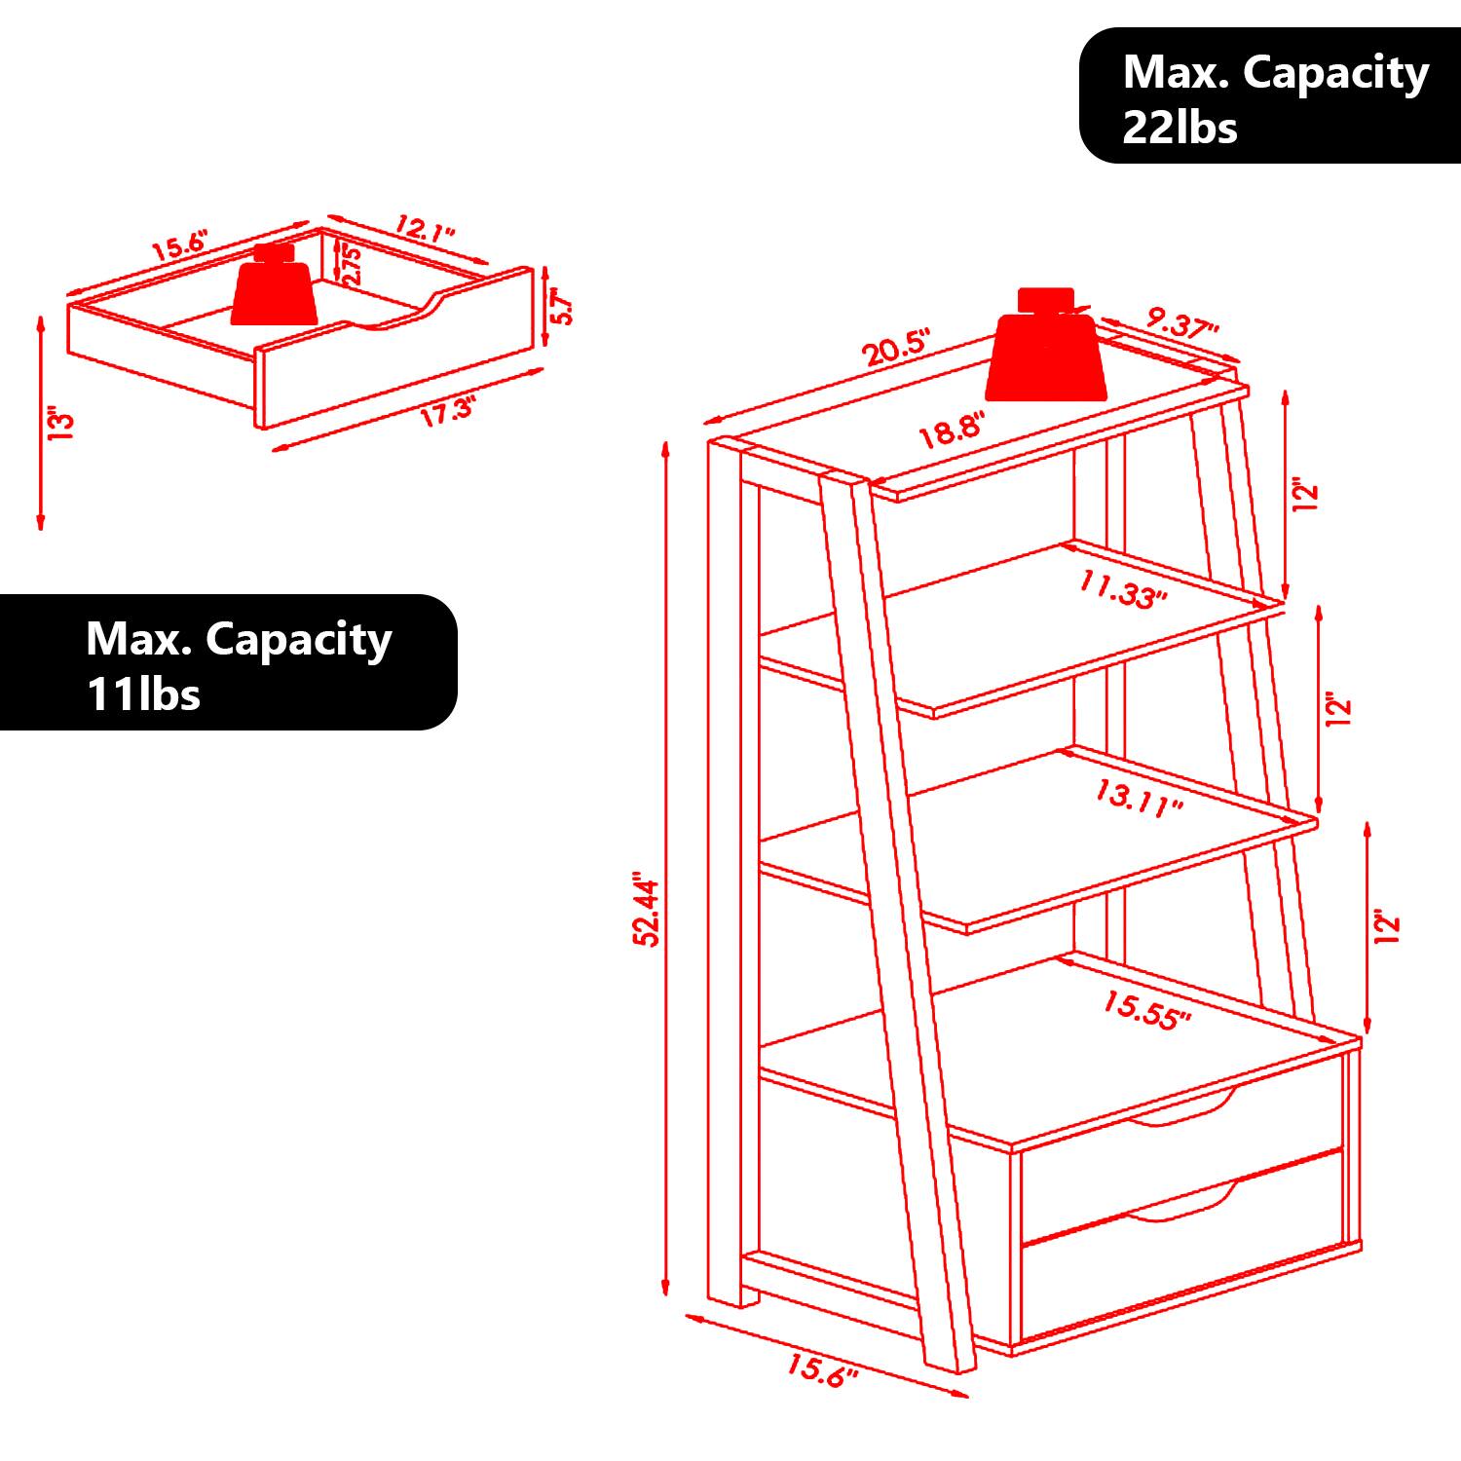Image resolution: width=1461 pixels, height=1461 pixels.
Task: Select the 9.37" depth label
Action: coord(1182,323)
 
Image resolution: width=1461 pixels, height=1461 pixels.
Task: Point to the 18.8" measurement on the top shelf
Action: coord(953,430)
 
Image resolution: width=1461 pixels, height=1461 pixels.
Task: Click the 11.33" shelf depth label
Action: coord(1122,589)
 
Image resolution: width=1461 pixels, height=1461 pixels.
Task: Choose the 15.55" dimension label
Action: coord(1146,1010)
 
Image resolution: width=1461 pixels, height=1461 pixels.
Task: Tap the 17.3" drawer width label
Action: coord(446,411)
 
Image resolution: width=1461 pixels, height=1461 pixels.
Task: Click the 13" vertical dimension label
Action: coord(60,424)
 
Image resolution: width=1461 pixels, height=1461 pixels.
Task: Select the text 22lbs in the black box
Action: coord(1180,128)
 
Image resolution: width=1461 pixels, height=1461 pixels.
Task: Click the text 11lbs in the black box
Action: coord(143,694)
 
